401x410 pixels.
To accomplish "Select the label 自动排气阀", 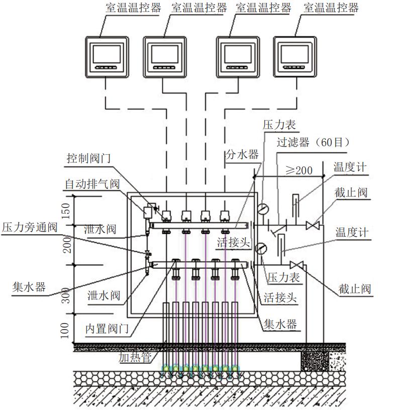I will click(x=91, y=183).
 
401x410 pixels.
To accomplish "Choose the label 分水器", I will click(x=242, y=154).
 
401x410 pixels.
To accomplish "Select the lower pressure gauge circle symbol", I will click(x=260, y=248).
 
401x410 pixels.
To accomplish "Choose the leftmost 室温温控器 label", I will click(x=127, y=8).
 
